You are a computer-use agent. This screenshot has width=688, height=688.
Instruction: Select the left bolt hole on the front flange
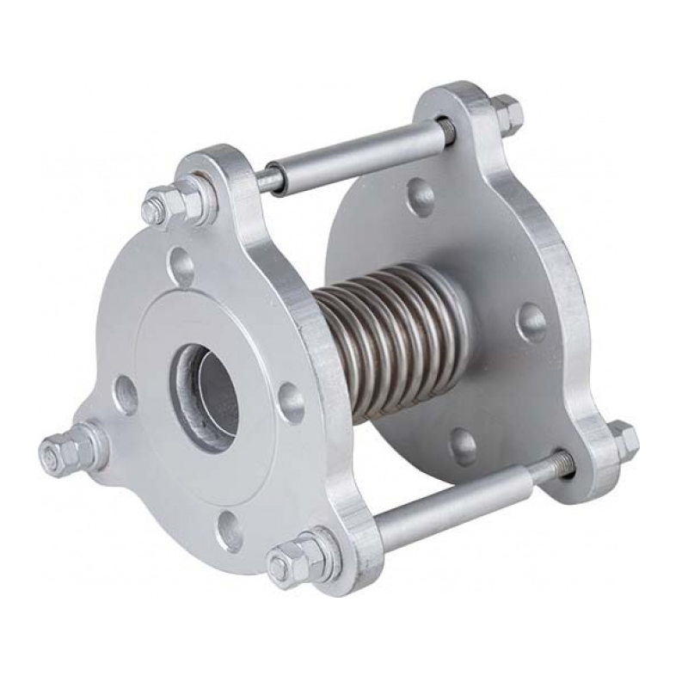click(x=126, y=395)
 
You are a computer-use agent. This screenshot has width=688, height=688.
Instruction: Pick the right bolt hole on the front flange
click(x=291, y=402)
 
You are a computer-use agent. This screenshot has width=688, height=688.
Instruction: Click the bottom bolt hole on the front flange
click(x=229, y=531)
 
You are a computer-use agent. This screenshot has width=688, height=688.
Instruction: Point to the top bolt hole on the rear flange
click(x=421, y=197)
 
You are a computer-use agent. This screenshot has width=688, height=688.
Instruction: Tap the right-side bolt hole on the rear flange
click(x=531, y=322)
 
